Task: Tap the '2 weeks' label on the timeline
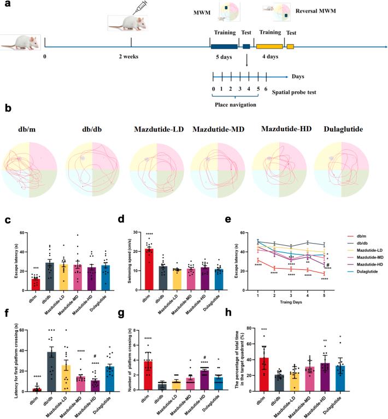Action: pyautogui.click(x=131, y=56)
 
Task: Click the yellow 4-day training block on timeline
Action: pyautogui.click(x=269, y=47)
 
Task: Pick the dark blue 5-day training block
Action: pyautogui.click(x=224, y=47)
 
